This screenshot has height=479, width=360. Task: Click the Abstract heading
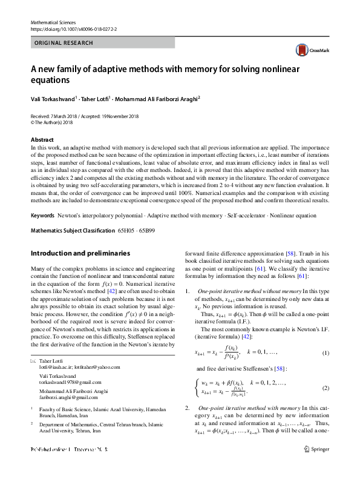42,140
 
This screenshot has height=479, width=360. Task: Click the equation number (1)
325,353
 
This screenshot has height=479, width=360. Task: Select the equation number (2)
325,388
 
